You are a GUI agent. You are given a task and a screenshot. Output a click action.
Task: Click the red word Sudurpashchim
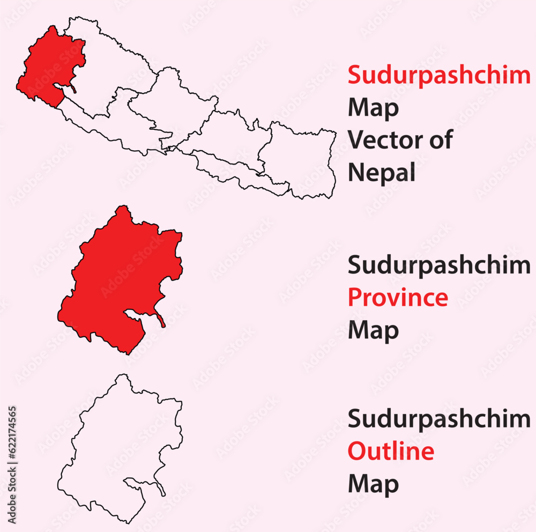[439, 76]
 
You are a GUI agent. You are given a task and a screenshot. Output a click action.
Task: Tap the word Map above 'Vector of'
[374, 108]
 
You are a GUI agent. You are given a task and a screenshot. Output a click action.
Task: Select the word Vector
[384, 140]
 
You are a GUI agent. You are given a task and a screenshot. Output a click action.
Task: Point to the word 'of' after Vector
[440, 140]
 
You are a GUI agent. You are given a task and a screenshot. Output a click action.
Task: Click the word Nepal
[382, 173]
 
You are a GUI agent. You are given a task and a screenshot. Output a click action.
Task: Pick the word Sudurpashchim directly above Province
[439, 265]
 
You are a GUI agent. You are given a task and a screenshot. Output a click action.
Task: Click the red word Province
[398, 297]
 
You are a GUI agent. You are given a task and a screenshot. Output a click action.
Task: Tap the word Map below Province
[374, 330]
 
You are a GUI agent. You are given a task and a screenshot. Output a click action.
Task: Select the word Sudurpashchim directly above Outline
[439, 419]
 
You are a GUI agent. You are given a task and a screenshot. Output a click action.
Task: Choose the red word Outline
[391, 452]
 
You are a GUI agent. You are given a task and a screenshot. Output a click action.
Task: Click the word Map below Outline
[374, 484]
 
